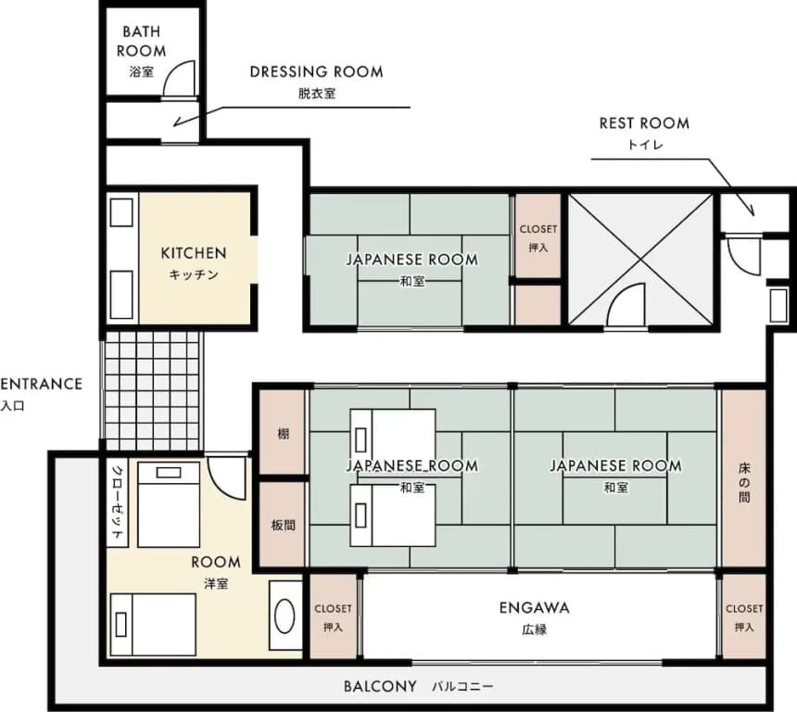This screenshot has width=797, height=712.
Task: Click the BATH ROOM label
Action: [141, 41]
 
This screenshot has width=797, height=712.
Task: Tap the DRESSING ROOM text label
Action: [316, 71]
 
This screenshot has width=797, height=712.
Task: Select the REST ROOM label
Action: [644, 123]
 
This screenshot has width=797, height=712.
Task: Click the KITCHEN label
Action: [194, 253]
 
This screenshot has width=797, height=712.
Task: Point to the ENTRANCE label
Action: [41, 384]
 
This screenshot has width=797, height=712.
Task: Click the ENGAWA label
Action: [534, 608]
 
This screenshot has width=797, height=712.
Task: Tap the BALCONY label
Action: [380, 686]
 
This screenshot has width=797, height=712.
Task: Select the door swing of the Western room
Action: [227, 478]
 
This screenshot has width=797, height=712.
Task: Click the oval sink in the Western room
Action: [285, 616]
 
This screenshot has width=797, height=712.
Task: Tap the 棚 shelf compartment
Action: [283, 432]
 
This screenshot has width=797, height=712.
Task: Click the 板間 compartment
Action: [283, 524]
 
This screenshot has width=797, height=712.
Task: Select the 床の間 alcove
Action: [743, 478]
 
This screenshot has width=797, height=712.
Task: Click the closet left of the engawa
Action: [333, 617]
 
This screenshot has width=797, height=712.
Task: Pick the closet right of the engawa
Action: [744, 617]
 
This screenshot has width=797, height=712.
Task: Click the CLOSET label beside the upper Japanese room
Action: [538, 229]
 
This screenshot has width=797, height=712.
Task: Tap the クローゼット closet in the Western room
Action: [118, 502]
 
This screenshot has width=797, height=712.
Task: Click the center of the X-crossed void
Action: [640, 259]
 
